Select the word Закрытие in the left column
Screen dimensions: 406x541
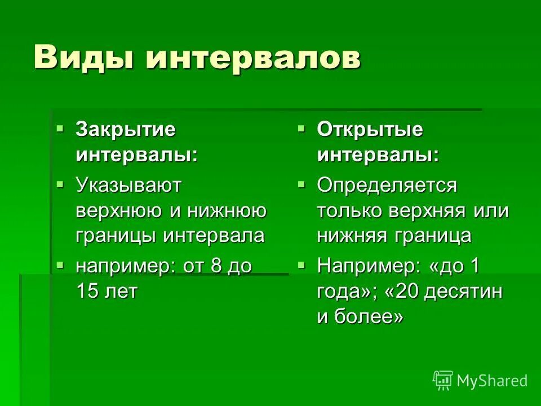coord(126,130)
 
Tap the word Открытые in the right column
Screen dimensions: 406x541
coord(370,130)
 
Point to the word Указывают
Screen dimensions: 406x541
coord(128,185)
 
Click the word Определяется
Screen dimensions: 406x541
coord(387,185)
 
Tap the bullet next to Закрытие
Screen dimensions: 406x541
coord(60,129)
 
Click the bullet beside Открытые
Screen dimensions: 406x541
coord(301,129)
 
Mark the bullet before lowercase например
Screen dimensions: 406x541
coord(60,264)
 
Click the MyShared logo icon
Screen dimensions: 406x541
coord(442,381)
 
